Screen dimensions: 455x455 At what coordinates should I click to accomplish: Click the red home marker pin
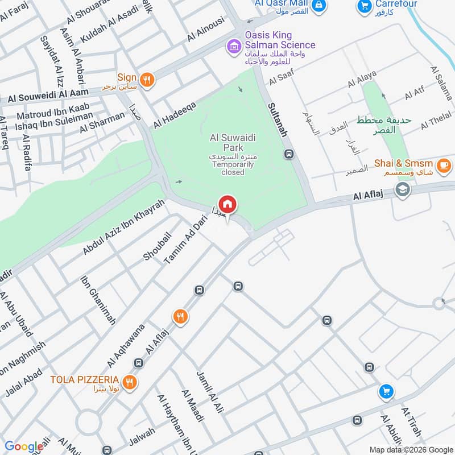(x=227, y=205)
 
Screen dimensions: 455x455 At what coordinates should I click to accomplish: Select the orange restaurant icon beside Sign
(x=147, y=80)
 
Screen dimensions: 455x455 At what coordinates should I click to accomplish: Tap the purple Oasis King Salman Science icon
(x=233, y=45)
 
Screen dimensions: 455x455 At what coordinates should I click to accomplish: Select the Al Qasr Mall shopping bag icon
(x=320, y=5)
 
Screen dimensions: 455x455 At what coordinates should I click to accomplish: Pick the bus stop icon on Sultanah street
(x=289, y=154)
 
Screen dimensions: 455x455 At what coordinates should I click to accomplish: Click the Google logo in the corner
(x=23, y=446)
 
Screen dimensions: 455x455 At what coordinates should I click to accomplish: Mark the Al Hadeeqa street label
(x=174, y=114)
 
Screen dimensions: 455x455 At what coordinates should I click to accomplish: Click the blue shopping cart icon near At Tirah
(x=386, y=392)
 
